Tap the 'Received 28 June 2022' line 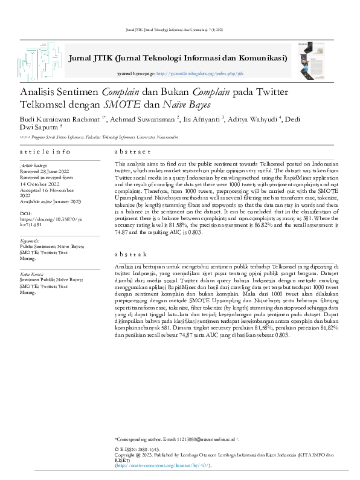(46, 171)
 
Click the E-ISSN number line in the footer (137, 450)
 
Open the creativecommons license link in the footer (162, 466)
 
